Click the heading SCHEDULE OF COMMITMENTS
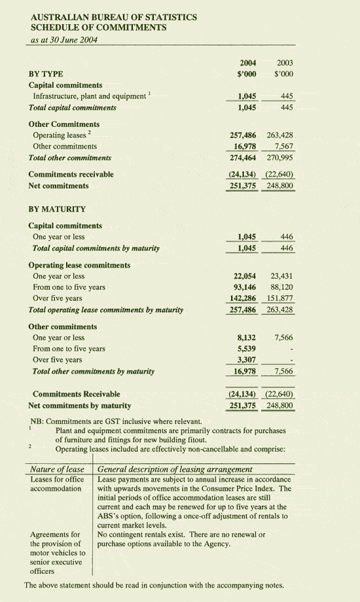tap(98, 27)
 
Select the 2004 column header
tap(247, 63)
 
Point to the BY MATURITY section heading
tap(57, 209)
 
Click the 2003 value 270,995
tap(280, 158)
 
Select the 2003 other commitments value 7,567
tap(283, 147)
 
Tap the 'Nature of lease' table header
tap(57, 469)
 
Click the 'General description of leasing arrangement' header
tap(175, 469)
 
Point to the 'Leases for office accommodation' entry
tap(56, 484)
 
